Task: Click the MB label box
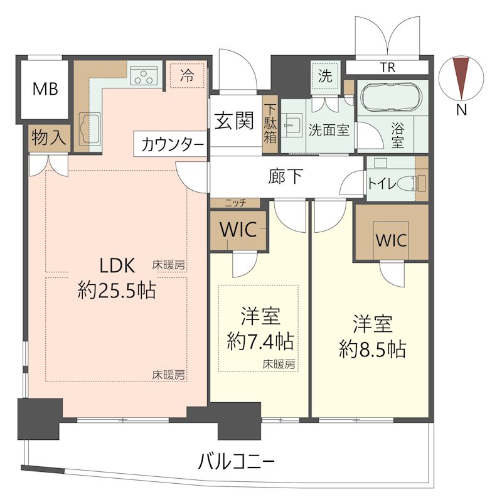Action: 45,89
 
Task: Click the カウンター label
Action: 171,145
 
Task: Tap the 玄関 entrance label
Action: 235,120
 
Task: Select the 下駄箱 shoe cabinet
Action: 270,123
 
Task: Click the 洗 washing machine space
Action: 325,77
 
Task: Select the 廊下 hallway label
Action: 286,176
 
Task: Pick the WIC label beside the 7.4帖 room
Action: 238,230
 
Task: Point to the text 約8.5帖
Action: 372,349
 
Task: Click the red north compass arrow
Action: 462,78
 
